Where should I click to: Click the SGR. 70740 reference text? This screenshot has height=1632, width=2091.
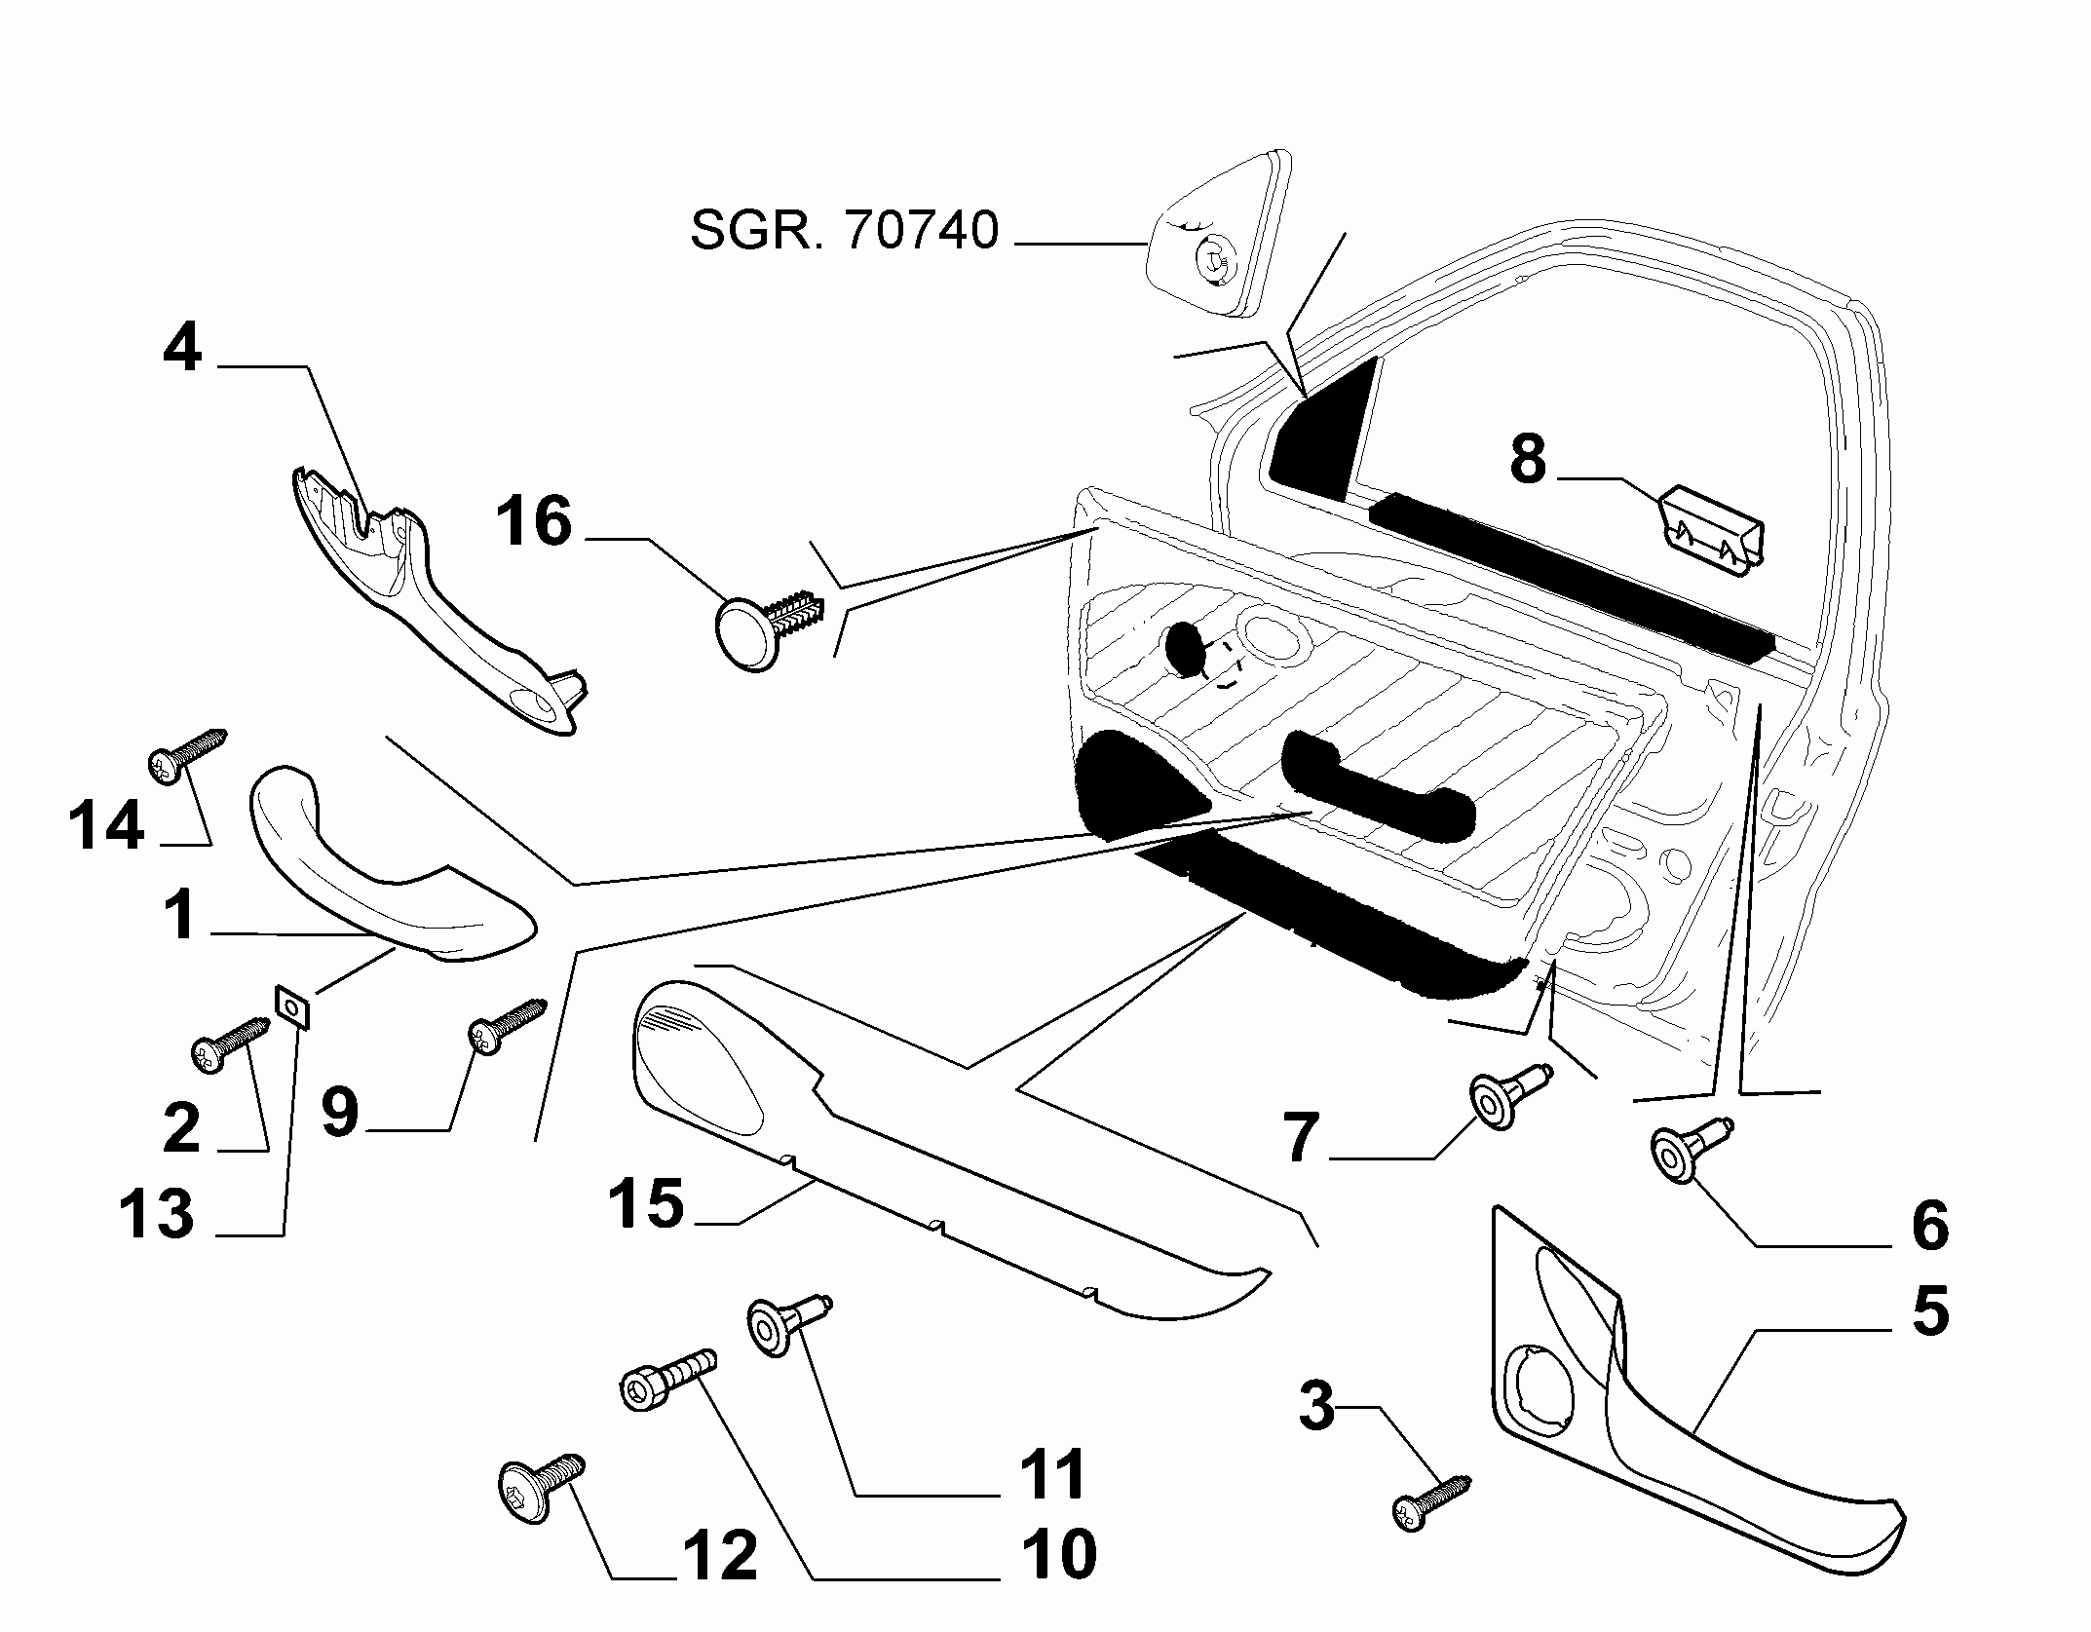pos(845,232)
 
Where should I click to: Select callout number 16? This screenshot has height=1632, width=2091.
pos(534,521)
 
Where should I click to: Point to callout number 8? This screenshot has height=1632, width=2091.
pos(1528,459)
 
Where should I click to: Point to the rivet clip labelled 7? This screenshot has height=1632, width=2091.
pos(1509,1095)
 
